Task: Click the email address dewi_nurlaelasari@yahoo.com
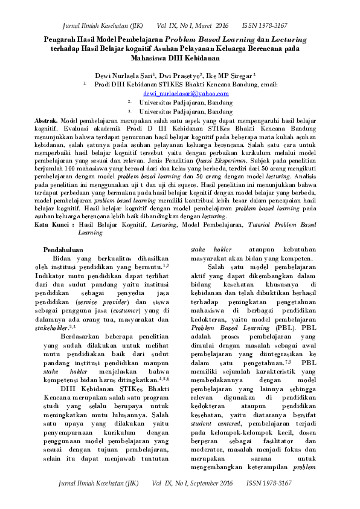click(185, 94)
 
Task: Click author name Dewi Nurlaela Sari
click(113, 76)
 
